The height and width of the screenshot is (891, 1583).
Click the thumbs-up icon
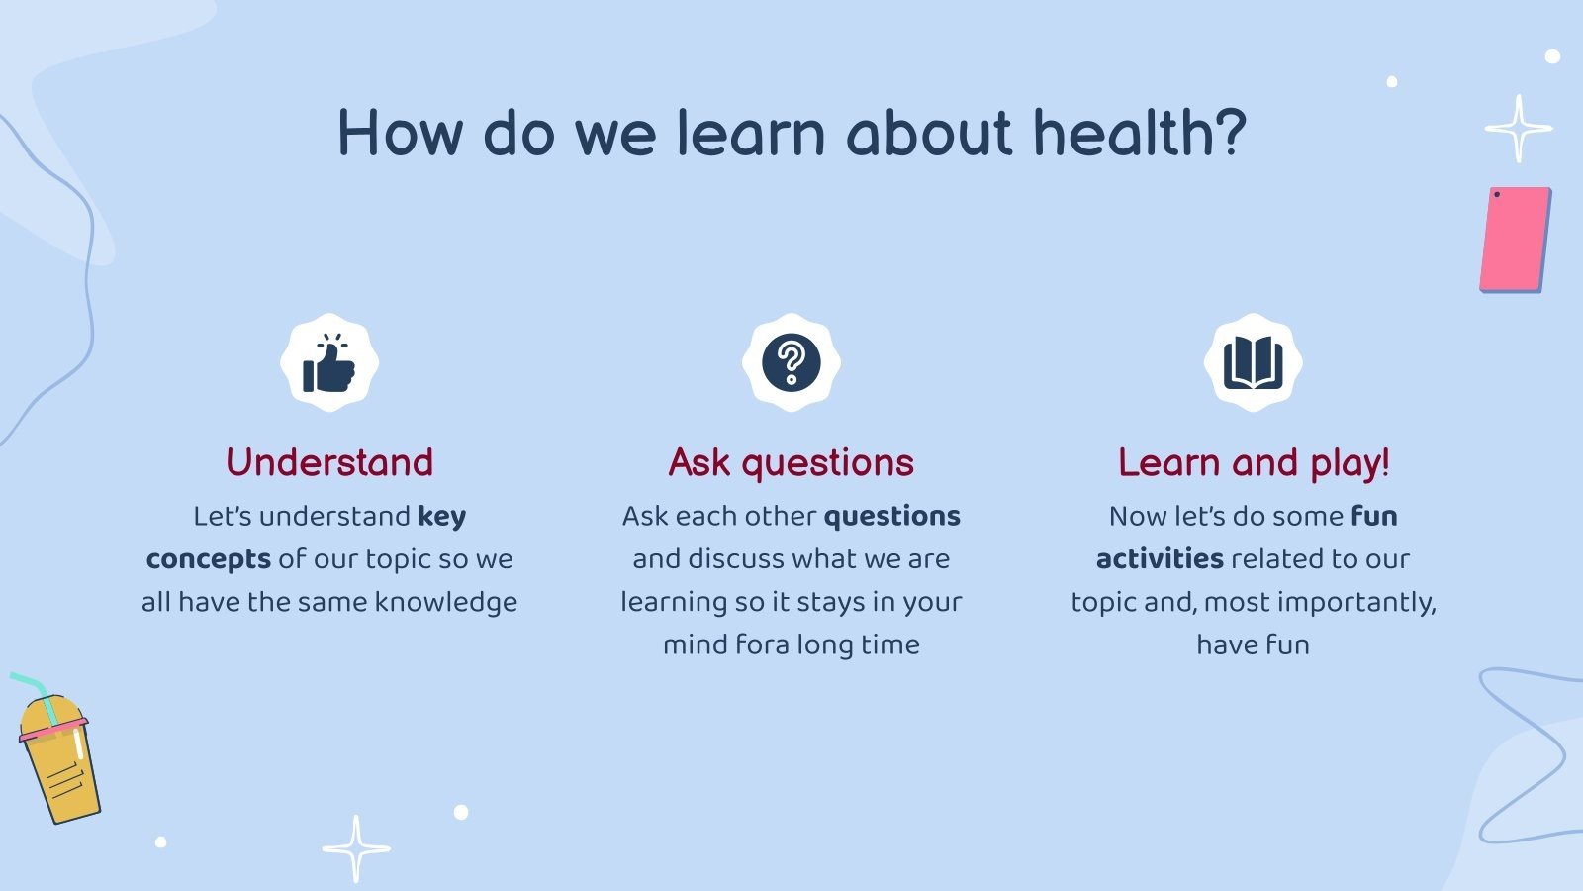[x=328, y=362]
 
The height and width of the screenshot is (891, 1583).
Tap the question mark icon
[x=791, y=362]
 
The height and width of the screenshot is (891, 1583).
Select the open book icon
[x=1253, y=362]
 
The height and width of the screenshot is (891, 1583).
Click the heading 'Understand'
[x=329, y=462]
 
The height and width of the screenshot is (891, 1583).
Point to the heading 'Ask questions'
[x=791, y=464]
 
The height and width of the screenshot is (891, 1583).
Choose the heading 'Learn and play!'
[x=1254, y=464]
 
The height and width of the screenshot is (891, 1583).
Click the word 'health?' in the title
[x=1140, y=133]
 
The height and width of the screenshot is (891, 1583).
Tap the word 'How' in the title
[x=401, y=133]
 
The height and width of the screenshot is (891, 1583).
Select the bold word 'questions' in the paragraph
[x=891, y=517]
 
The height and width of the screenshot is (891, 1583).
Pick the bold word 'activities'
[x=1160, y=558]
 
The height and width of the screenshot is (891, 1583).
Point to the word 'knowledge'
[x=446, y=603]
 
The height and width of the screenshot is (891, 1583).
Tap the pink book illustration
[x=1515, y=240]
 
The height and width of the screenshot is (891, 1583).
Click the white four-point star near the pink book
[x=1519, y=129]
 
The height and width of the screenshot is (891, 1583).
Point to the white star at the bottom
[x=356, y=848]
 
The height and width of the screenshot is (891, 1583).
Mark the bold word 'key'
[x=441, y=517]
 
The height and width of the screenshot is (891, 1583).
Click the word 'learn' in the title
[x=751, y=133]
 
